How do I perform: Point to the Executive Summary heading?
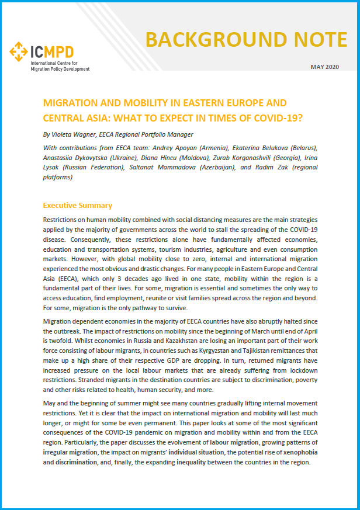click(x=78, y=206)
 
